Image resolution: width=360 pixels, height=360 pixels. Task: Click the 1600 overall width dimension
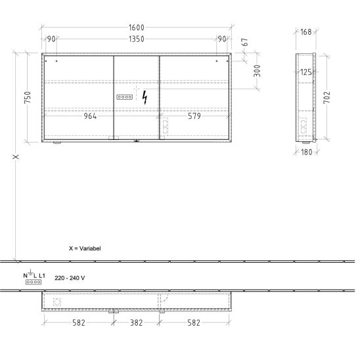pos(137,28)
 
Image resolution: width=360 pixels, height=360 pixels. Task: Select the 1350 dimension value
pos(137,39)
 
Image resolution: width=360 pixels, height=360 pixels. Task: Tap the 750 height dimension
pos(28,97)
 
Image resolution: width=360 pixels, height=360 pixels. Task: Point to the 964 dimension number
pos(90,116)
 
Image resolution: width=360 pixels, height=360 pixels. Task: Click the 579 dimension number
pos(194,116)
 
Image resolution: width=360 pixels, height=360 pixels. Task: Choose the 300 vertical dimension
pos(258,71)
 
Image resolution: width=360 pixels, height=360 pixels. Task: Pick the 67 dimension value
pos(245,42)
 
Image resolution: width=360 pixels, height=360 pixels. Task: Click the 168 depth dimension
pos(306,32)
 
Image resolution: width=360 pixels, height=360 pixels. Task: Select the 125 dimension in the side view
pos(306,72)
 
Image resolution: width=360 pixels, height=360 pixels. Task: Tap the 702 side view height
pos(327,97)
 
